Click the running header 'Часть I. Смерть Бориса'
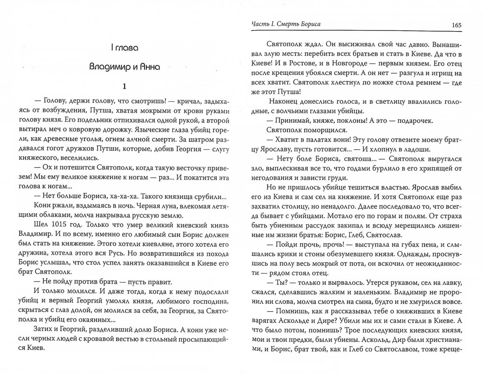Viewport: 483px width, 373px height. pos(286,24)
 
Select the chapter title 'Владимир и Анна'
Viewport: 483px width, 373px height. pos(124,67)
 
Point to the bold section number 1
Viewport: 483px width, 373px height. pos(124,86)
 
